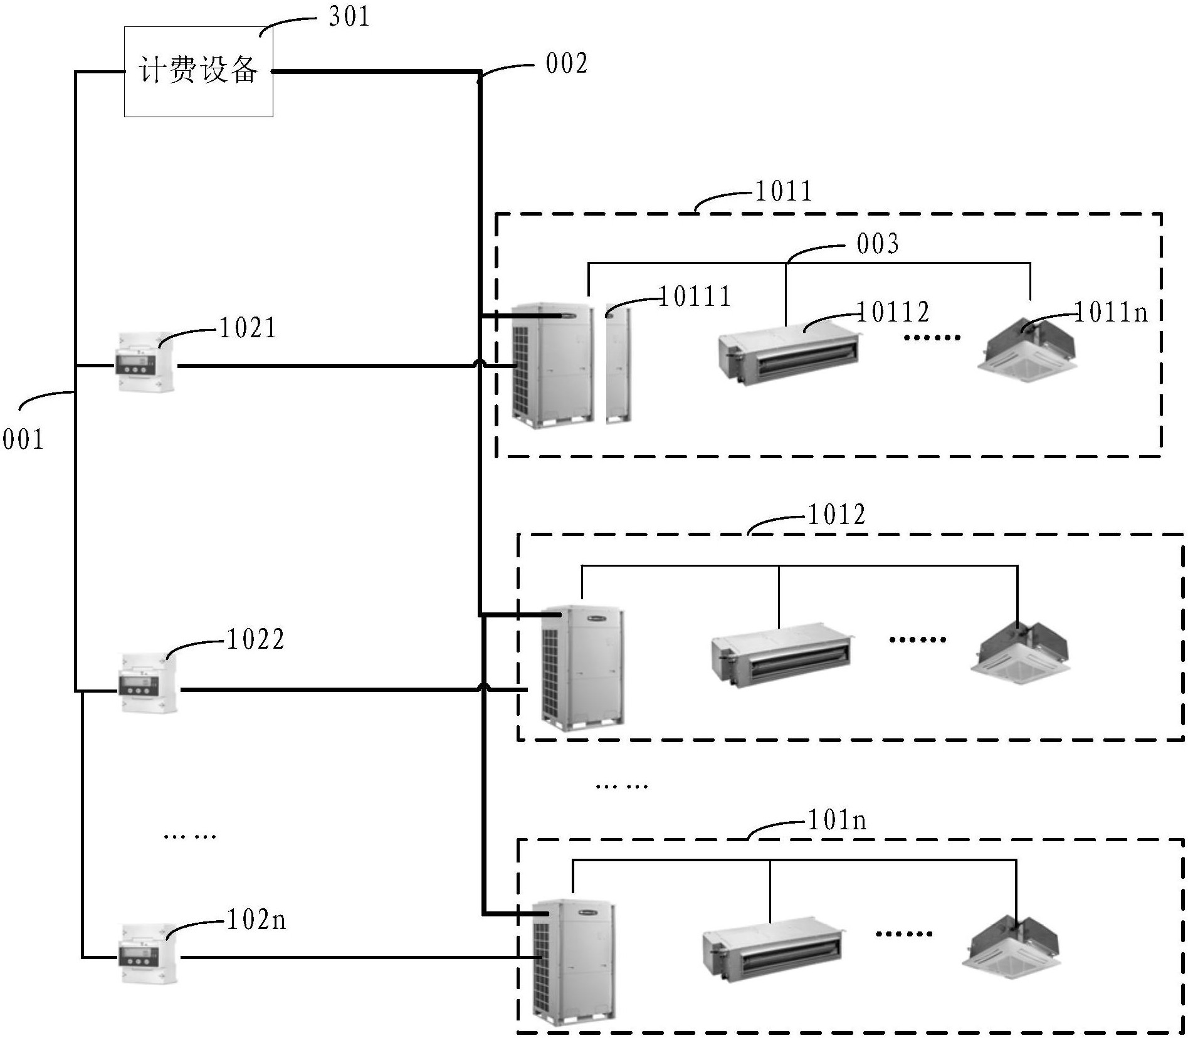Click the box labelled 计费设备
[x=198, y=71]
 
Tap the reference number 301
[x=349, y=16]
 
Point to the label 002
[x=567, y=63]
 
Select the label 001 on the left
[x=23, y=439]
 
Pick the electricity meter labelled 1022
[x=149, y=683]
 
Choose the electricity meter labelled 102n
[x=149, y=953]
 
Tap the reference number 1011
[x=784, y=191]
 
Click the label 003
[x=878, y=244]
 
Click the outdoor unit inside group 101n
[x=573, y=962]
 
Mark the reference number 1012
[x=837, y=515]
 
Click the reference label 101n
[x=837, y=820]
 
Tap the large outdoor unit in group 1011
[x=552, y=365]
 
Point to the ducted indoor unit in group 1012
[x=782, y=655]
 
